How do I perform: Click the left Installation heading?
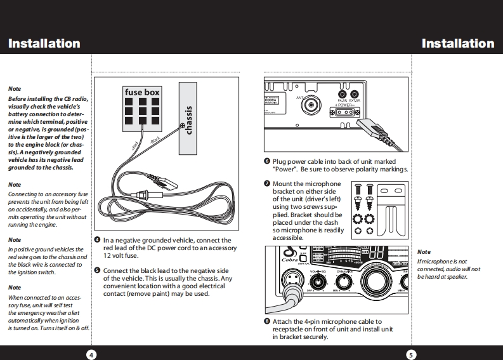pos(44,44)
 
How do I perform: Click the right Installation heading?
pos(457,44)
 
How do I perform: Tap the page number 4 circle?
pos(91,354)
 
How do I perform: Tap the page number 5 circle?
pos(411,354)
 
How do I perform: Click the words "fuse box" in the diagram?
pos(142,93)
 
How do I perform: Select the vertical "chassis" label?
pos(188,120)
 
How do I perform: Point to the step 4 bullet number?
pos(97,241)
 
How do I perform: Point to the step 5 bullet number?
pos(97,270)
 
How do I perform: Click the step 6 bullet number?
pos(267,162)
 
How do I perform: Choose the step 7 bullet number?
pos(267,184)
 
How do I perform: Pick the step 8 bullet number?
pos(267,322)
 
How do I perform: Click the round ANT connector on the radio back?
pos(311,105)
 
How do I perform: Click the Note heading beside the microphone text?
pos(424,253)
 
